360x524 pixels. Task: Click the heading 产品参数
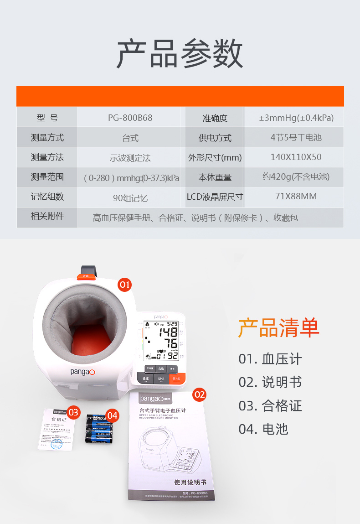(180, 53)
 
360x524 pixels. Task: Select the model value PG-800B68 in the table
(130, 118)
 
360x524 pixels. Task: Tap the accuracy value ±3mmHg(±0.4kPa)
(296, 118)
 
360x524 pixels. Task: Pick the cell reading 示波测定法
(130, 158)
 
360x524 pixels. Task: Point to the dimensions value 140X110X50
(296, 157)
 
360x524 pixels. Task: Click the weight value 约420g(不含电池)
(296, 177)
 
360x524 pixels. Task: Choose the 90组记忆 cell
(130, 198)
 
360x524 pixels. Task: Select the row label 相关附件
(47, 216)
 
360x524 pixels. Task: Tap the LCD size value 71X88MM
(296, 197)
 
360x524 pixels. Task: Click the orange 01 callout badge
(124, 285)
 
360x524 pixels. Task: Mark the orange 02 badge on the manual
(200, 394)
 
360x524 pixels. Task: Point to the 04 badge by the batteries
(113, 415)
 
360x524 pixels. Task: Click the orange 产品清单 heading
(279, 327)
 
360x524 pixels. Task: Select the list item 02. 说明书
(270, 382)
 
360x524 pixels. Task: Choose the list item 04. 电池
(263, 429)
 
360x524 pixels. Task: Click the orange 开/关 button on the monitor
(175, 379)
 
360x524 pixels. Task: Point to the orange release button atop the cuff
(86, 275)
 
